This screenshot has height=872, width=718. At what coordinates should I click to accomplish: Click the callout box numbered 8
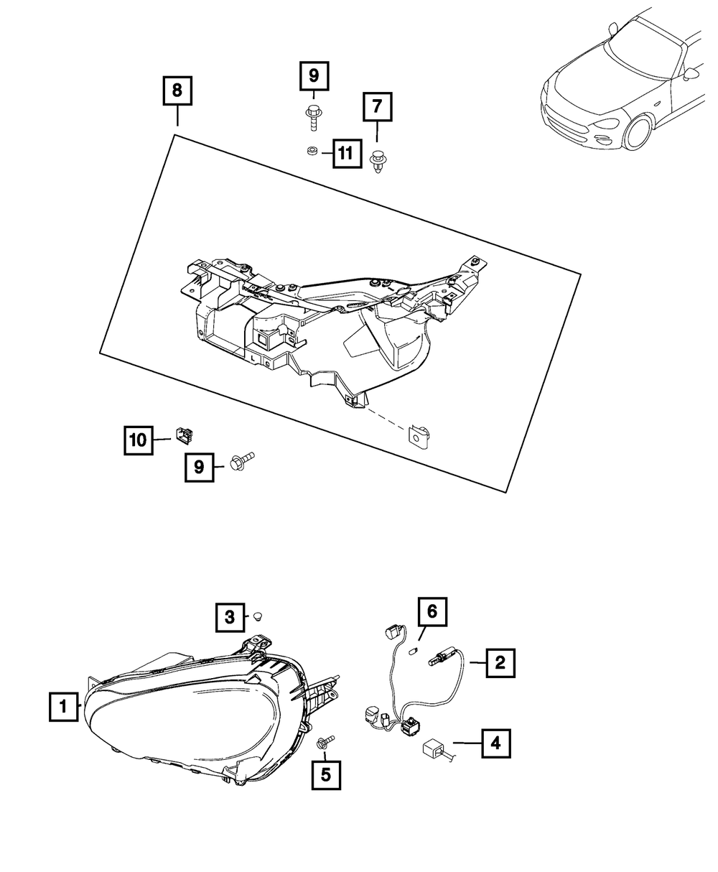(177, 91)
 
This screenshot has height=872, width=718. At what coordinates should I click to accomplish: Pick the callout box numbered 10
(138, 440)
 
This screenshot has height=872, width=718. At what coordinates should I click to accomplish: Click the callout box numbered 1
(64, 706)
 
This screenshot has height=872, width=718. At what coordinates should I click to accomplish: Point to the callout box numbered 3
(229, 616)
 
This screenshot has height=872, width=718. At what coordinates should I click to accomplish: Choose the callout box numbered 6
(432, 612)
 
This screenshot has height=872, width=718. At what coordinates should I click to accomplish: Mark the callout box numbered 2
(500, 662)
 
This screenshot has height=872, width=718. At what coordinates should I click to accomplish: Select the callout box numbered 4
(495, 744)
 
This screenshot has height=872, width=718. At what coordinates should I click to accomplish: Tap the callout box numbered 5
(326, 775)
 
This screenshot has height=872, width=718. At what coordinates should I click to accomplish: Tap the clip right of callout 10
(185, 435)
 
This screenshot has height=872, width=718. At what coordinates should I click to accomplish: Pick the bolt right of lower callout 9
(243, 460)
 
